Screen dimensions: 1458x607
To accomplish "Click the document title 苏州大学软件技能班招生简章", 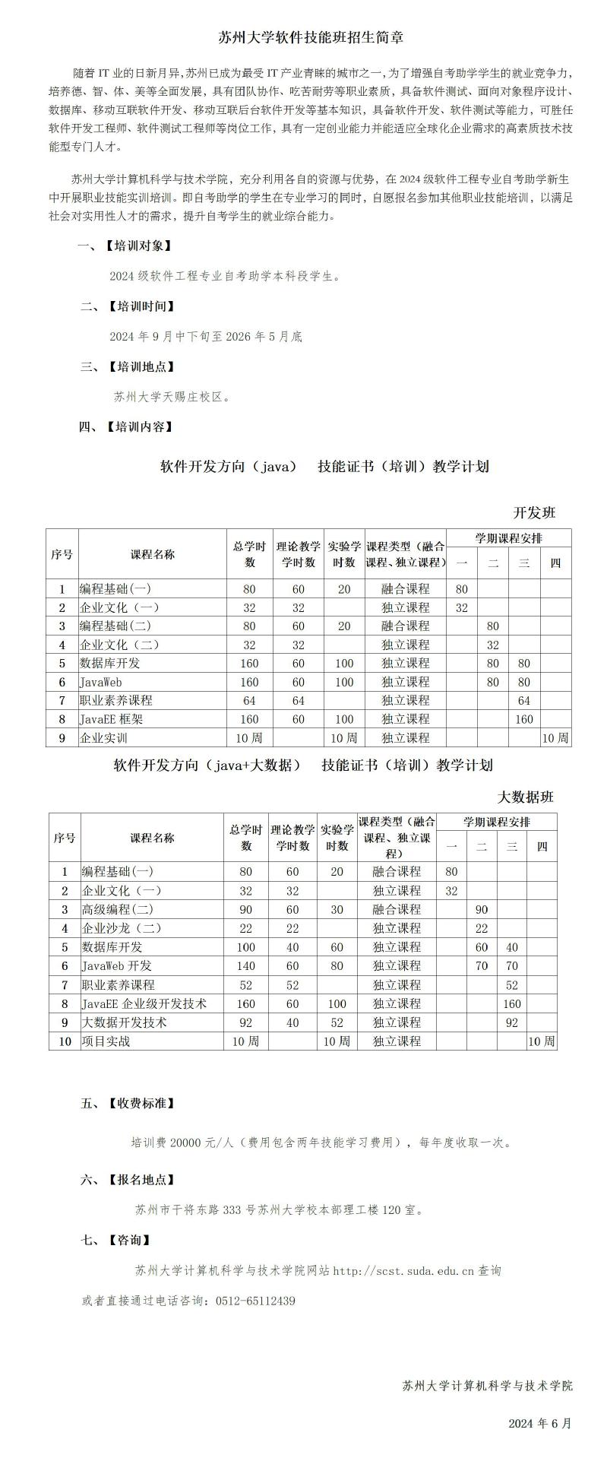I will [310, 36].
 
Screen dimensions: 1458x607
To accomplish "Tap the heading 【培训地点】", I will [141, 366].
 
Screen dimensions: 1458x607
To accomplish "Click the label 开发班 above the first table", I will [535, 512].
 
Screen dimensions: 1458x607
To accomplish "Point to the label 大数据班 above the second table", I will [526, 797].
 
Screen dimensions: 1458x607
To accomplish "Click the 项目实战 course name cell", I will [106, 1041].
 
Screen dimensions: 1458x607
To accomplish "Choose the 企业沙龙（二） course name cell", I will [122, 928].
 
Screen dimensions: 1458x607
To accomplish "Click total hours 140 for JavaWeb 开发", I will [246, 965].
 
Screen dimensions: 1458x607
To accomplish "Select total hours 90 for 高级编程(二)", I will [246, 909].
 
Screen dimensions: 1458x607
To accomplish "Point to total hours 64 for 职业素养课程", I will [249, 700].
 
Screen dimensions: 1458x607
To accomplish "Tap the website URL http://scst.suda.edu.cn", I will [403, 1270].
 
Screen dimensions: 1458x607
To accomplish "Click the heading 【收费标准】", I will [141, 1104].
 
